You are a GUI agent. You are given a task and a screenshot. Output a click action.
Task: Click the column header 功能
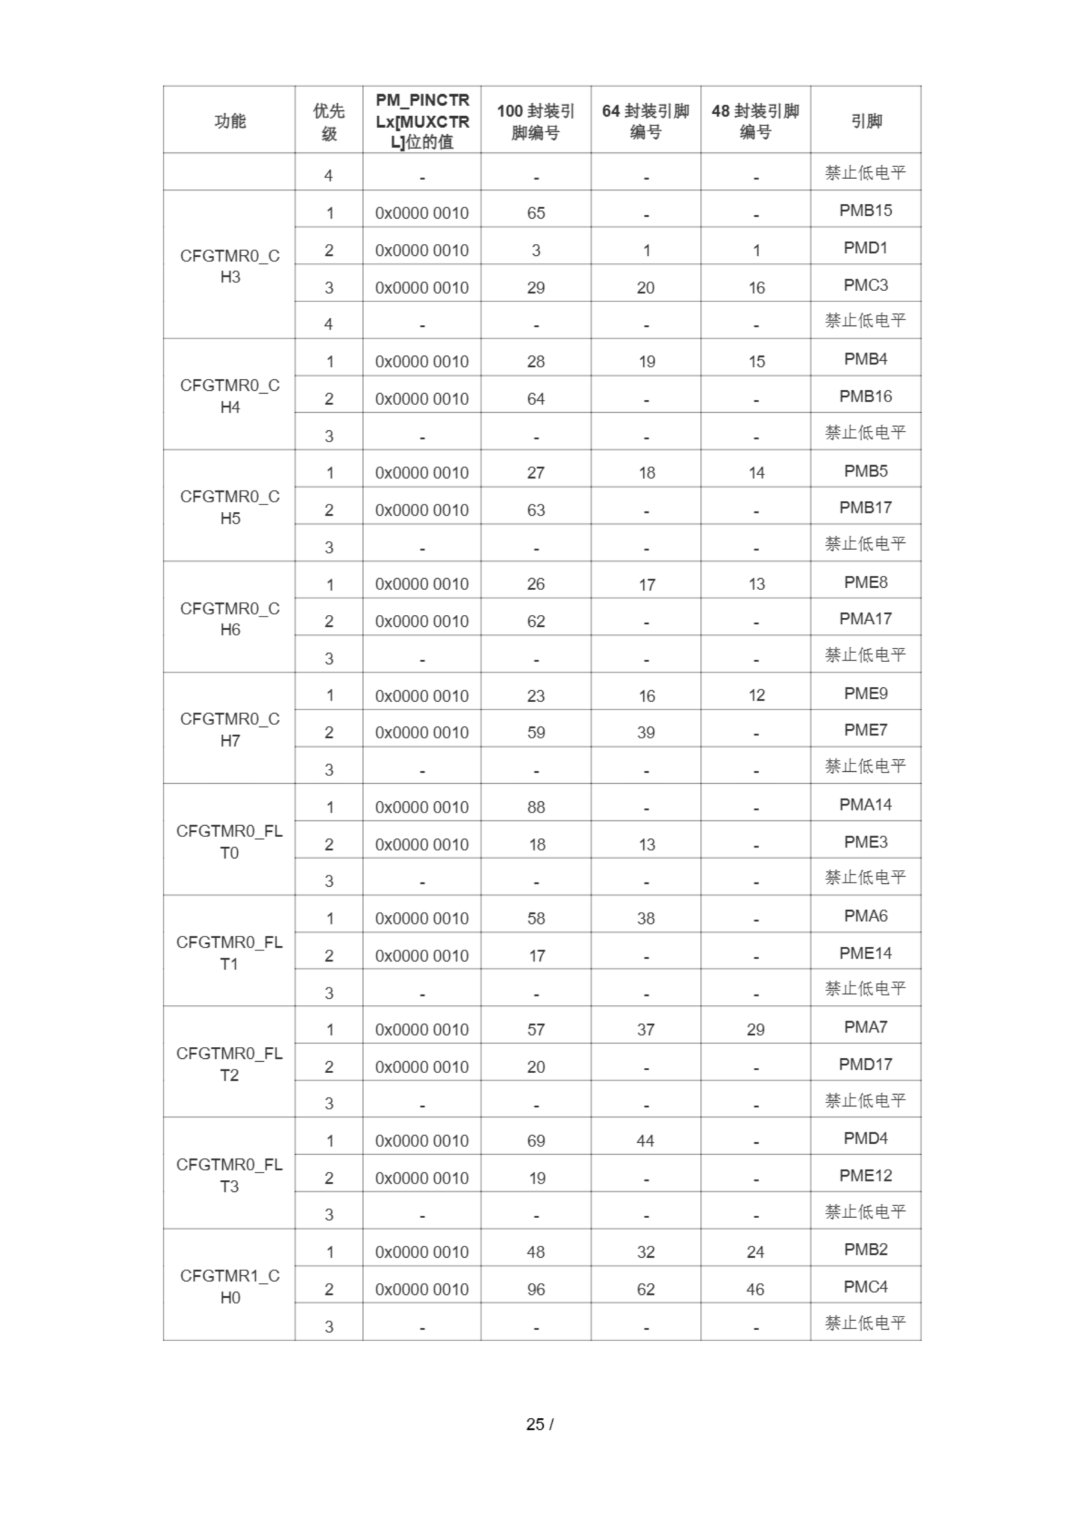point(230,121)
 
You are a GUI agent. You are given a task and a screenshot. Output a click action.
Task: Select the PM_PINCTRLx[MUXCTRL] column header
point(422,121)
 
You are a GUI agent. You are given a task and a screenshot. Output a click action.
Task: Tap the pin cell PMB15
point(865,210)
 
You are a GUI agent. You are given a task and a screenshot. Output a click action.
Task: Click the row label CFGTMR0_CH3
point(230,266)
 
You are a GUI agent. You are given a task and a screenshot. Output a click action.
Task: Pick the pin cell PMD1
point(865,248)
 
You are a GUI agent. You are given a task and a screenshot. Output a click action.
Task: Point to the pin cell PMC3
point(865,285)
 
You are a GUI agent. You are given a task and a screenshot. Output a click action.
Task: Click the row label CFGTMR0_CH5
point(230,507)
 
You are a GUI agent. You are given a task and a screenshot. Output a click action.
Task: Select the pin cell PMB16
point(865,396)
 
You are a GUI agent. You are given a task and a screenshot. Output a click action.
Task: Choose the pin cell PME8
point(865,582)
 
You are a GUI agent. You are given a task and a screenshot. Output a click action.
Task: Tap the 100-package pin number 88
point(535,807)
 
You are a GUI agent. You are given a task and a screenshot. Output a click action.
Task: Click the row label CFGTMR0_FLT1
point(230,953)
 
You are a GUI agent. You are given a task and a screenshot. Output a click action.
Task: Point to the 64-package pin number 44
point(645,1140)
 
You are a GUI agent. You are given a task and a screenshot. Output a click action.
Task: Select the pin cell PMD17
point(865,1064)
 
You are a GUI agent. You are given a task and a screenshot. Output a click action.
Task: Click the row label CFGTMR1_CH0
point(230,1286)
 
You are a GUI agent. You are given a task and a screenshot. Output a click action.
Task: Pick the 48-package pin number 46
point(755,1290)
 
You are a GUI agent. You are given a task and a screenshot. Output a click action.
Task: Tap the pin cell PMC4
point(865,1287)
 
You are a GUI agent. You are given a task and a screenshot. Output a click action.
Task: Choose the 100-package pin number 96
point(535,1290)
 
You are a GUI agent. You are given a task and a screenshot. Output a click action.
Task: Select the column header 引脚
point(866,121)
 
